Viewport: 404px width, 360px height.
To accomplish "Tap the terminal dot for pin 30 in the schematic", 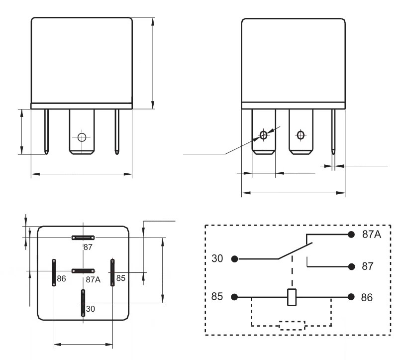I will (235, 259).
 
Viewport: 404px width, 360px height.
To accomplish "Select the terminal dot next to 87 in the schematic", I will (351, 266).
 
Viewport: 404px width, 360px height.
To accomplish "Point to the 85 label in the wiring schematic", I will (217, 297).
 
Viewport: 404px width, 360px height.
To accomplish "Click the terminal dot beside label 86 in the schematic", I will (351, 297).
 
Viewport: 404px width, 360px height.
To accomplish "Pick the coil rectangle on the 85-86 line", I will (293, 297).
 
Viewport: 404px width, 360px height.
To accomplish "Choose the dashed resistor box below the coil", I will (293, 326).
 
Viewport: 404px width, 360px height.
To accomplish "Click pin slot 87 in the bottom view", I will (83, 238).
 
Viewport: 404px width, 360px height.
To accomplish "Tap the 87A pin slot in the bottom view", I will (83, 271).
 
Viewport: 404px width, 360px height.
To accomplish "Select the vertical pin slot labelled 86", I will (53, 272).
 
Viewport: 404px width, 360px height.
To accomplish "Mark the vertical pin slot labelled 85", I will (113, 272).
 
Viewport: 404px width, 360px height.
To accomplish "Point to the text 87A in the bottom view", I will (93, 280).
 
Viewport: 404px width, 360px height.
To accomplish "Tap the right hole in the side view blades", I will (300, 134).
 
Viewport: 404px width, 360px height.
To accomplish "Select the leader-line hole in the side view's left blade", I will (264, 135).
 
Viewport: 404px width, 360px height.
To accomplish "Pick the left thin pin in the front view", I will (47, 130).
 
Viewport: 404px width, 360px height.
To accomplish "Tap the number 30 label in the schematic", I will (217, 259).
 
